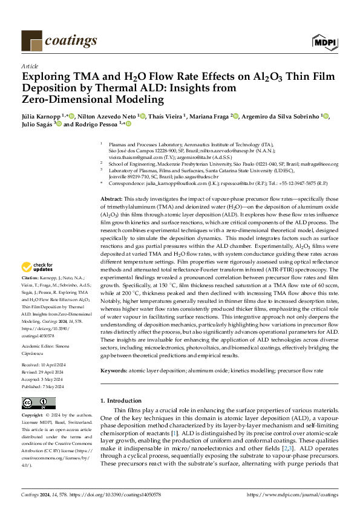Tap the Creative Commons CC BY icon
point(39,403)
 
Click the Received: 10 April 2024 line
point(45,366)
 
